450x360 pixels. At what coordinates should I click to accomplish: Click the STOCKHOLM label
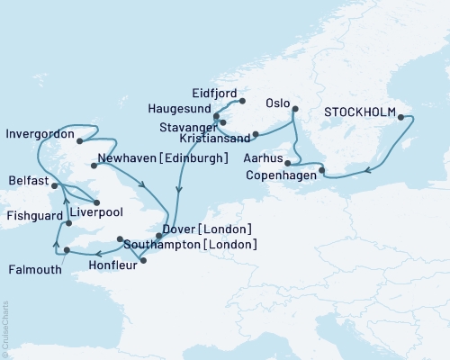coord(361,112)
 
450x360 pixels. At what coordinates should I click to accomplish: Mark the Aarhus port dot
coord(286,163)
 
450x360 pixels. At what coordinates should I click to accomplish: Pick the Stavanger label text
coord(182,125)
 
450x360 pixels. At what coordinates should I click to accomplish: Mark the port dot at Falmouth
coord(67,236)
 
